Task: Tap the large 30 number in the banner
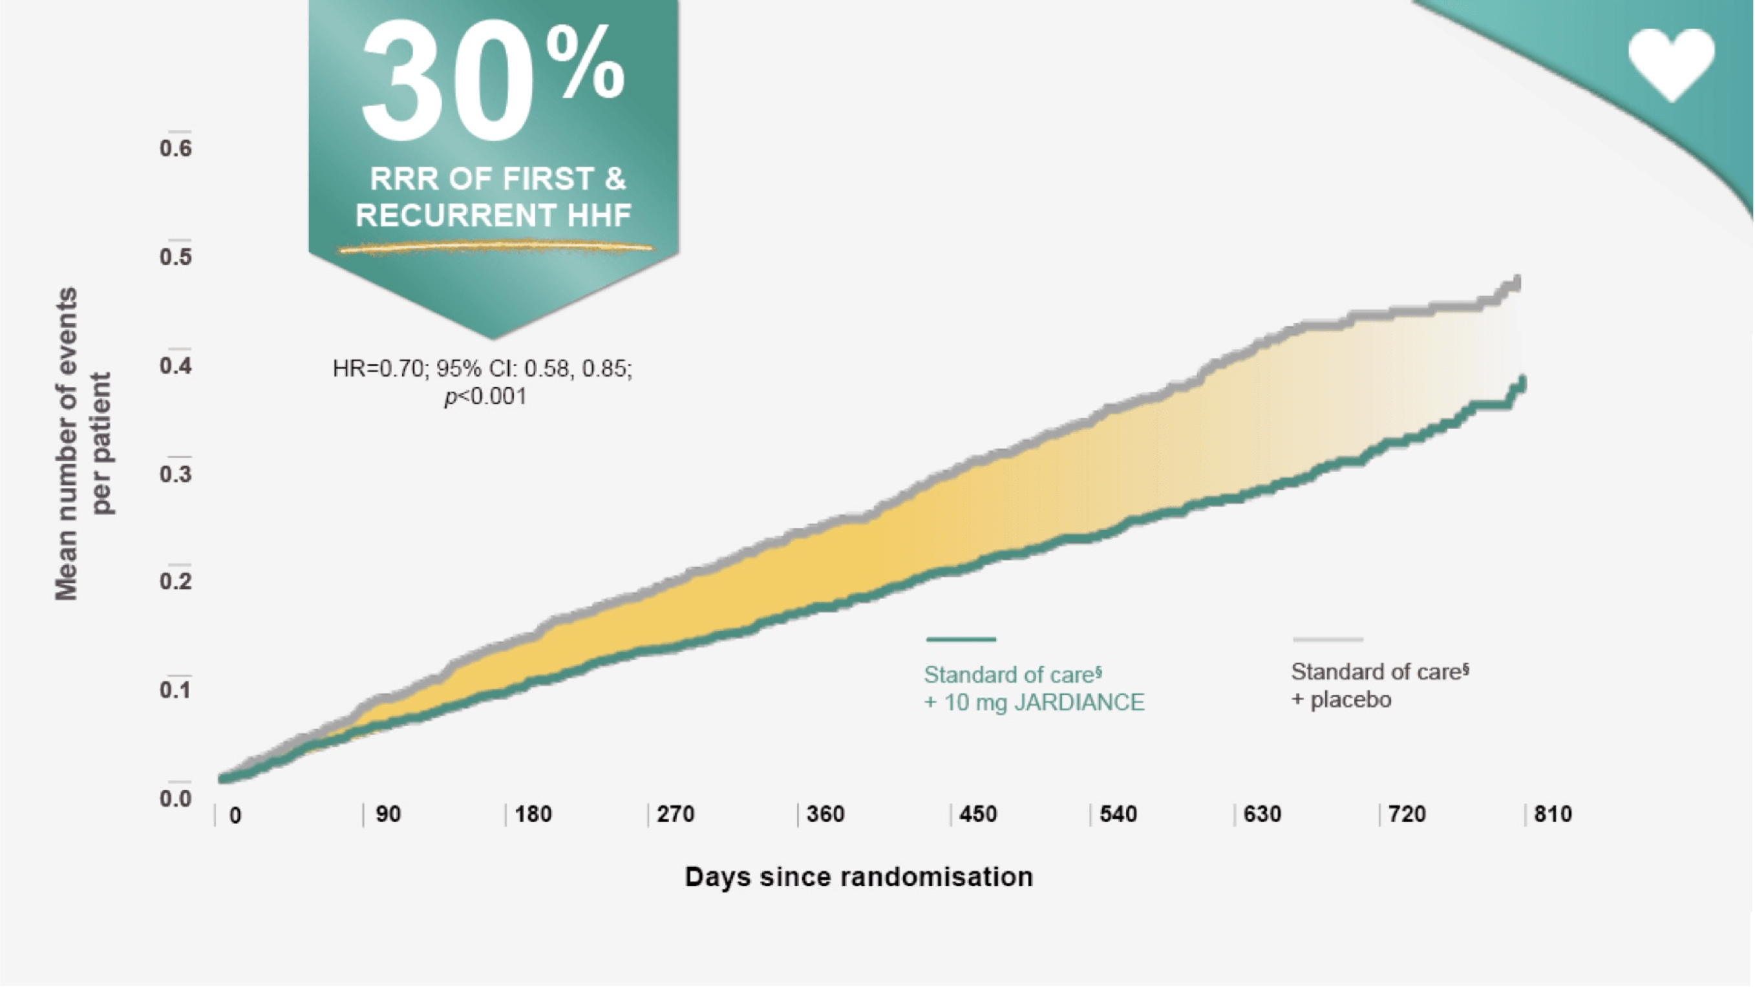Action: (x=447, y=81)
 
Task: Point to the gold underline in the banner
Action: (x=495, y=248)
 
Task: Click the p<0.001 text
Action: (x=485, y=396)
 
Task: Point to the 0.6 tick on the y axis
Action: (x=176, y=149)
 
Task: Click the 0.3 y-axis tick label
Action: (x=176, y=474)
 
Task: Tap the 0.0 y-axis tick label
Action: (x=176, y=798)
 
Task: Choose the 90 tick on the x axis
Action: (x=388, y=814)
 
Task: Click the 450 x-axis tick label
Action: (x=977, y=814)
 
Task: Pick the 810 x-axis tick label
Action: (x=1553, y=814)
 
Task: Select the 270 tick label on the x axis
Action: (x=675, y=814)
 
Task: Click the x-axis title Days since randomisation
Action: (x=858, y=876)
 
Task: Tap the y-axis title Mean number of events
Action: (x=67, y=443)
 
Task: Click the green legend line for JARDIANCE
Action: (x=961, y=639)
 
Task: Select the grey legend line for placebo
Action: (x=1327, y=639)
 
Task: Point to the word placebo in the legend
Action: (x=1350, y=699)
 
